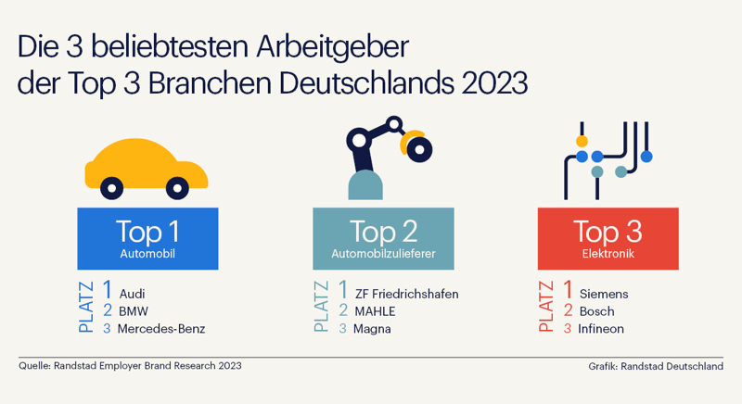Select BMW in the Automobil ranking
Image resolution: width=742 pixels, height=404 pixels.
click(133, 311)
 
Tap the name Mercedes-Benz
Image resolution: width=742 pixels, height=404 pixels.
click(160, 329)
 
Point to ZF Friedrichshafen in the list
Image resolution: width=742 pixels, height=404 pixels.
click(407, 294)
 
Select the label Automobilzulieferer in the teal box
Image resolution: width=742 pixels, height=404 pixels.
click(383, 251)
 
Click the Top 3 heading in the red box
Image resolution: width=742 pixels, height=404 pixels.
click(608, 230)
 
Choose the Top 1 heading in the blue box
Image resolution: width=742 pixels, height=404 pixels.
click(147, 230)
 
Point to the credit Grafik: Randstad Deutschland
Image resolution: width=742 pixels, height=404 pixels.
click(655, 366)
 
